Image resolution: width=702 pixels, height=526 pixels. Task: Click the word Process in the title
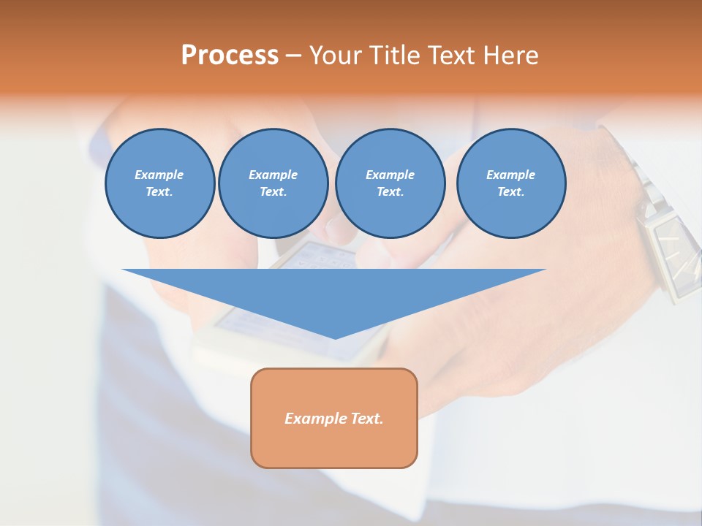tap(230, 55)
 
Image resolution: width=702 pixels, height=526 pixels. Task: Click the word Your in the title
tap(337, 55)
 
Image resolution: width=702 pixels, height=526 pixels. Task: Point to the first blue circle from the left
tap(159, 183)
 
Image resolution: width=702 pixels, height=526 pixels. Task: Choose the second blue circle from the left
tap(273, 183)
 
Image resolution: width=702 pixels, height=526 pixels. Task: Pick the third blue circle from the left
tap(390, 183)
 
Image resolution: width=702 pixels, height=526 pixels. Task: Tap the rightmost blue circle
tap(510, 183)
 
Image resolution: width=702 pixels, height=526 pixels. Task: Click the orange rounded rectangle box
tap(334, 446)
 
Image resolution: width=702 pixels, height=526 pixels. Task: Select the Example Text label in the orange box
tap(334, 419)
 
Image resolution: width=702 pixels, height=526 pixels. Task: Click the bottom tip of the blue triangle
tap(335, 338)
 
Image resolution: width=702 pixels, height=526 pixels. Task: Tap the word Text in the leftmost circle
tap(159, 192)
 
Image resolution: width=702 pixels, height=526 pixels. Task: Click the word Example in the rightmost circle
tap(510, 175)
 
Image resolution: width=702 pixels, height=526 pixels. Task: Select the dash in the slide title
tap(293, 56)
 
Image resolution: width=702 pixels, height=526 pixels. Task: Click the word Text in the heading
tap(453, 55)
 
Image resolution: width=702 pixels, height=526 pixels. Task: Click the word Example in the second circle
tap(273, 175)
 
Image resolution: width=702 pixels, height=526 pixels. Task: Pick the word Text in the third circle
tap(390, 192)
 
